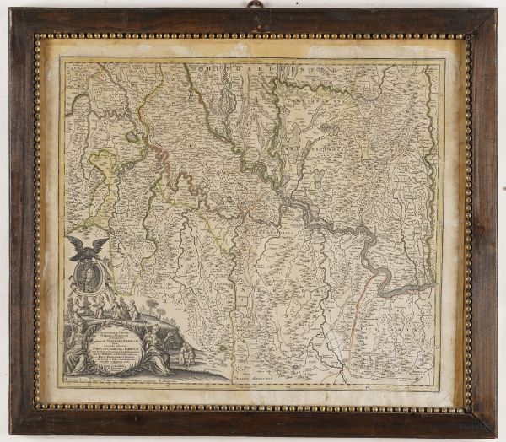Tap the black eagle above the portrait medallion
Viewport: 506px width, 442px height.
(89, 248)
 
